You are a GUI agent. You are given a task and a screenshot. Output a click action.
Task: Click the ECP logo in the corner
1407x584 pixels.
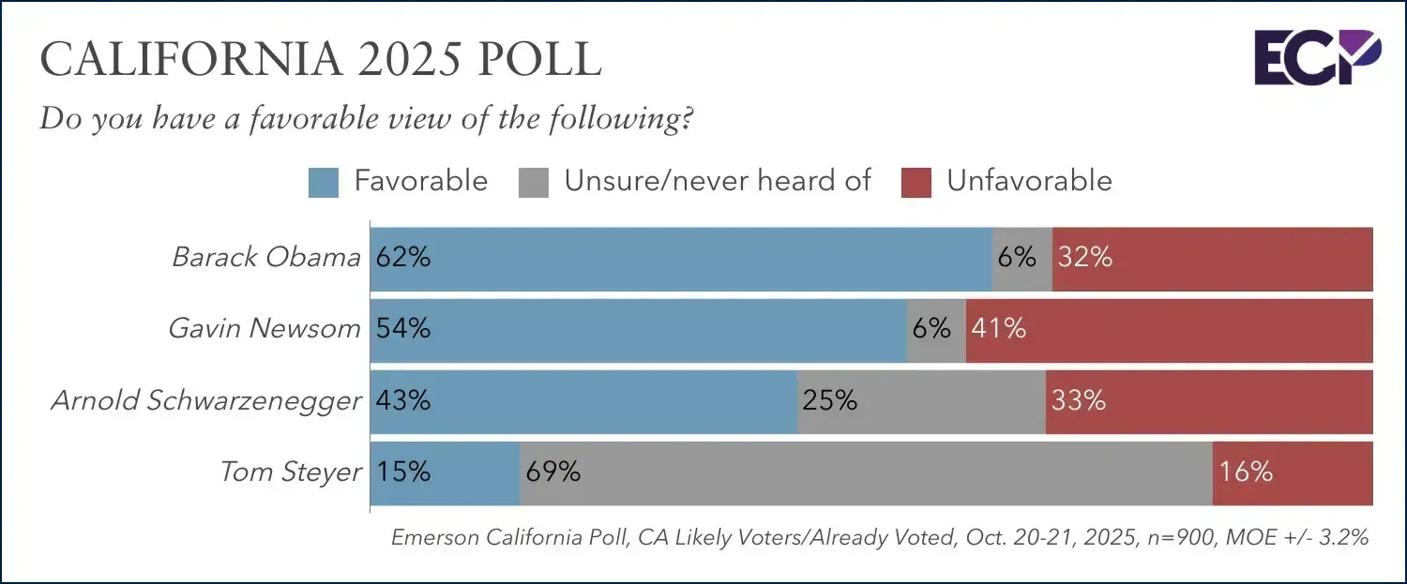tap(1317, 57)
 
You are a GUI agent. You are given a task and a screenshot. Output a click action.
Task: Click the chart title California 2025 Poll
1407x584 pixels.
tap(321, 59)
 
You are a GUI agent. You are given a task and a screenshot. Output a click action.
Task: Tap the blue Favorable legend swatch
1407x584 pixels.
tap(323, 182)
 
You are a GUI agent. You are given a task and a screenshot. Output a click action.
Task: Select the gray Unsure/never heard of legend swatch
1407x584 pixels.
tap(533, 182)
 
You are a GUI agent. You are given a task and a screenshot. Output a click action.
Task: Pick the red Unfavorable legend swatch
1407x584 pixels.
tap(915, 182)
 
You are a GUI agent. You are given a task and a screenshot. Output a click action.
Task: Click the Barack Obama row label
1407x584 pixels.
tap(266, 258)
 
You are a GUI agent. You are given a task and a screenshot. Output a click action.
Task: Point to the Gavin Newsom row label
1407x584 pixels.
tap(265, 329)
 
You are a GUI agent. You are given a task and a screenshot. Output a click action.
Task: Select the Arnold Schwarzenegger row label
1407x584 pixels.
tap(206, 401)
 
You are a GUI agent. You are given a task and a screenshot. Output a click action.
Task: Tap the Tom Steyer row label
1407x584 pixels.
tap(291, 472)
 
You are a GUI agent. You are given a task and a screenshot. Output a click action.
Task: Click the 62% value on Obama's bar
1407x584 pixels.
tap(403, 258)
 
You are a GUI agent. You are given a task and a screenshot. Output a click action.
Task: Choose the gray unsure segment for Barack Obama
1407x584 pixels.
tap(1022, 258)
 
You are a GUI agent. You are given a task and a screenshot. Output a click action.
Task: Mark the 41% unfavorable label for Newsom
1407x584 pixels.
tap(999, 329)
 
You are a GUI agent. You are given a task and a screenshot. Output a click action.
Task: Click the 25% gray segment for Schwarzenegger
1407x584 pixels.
tap(921, 401)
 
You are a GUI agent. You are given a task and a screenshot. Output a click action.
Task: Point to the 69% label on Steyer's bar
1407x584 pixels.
tap(553, 472)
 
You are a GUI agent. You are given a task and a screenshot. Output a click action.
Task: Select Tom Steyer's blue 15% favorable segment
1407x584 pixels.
tap(445, 472)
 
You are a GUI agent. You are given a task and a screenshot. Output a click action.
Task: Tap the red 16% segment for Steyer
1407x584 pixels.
tap(1293, 472)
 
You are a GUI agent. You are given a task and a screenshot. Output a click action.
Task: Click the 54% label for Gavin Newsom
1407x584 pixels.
tap(403, 329)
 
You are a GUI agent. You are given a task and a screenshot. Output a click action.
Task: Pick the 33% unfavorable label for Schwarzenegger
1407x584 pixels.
tap(1079, 401)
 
